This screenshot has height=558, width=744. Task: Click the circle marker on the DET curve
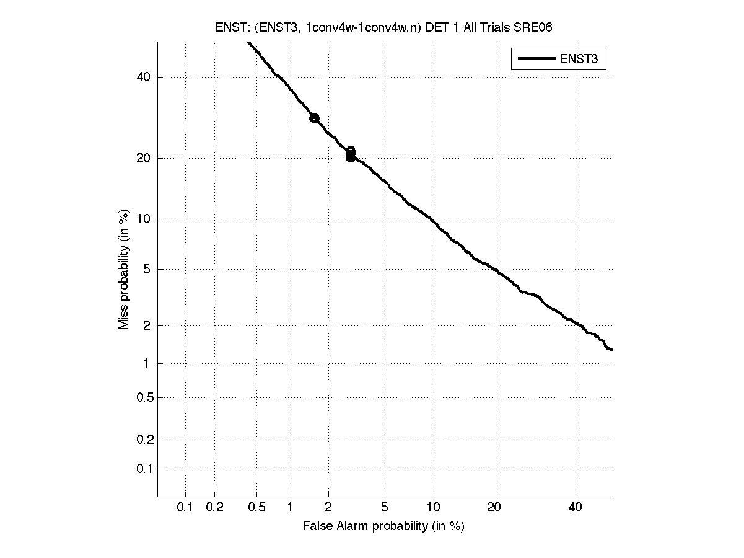pyautogui.click(x=314, y=118)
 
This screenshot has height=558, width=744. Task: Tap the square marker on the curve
pyautogui.click(x=351, y=154)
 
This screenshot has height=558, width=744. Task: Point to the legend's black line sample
pyautogui.click(x=535, y=59)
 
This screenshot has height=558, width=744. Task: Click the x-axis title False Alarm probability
pyautogui.click(x=383, y=526)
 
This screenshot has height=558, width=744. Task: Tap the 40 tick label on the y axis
pyautogui.click(x=144, y=77)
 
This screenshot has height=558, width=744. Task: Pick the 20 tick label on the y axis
pyautogui.click(x=144, y=158)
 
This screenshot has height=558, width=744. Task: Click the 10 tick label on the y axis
pyautogui.click(x=144, y=219)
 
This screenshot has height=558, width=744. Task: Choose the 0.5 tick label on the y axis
pyautogui.click(x=142, y=397)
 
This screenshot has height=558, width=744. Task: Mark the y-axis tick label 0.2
pyautogui.click(x=142, y=440)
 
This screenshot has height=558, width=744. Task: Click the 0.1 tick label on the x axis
pyautogui.click(x=185, y=508)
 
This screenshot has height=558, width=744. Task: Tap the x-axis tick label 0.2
pyautogui.click(x=214, y=508)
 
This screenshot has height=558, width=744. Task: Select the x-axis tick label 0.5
pyautogui.click(x=256, y=508)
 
